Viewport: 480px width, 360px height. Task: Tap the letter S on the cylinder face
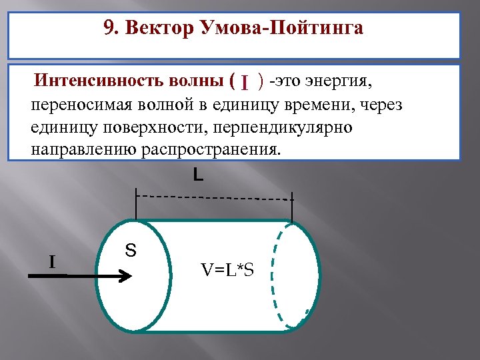[131, 251]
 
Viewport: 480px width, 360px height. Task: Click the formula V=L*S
[227, 270]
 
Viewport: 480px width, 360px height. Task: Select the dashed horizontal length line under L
[213, 197]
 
